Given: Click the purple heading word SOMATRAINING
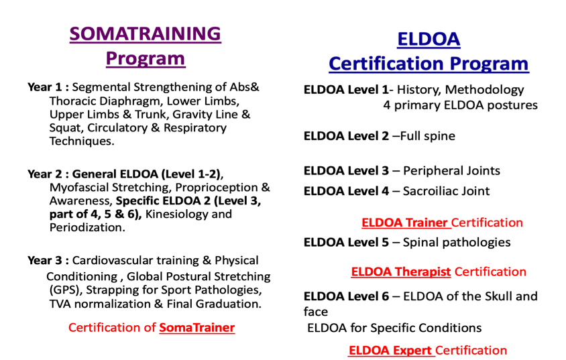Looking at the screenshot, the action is point(145,34).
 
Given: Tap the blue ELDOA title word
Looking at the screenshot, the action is point(429,39).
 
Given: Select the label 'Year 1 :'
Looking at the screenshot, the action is point(48,87).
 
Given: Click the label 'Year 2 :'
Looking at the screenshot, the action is point(48,174).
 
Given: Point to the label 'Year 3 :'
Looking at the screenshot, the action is point(48,260).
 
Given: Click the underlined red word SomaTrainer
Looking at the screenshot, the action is point(196,328).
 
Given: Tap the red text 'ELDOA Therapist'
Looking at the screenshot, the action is point(400,272).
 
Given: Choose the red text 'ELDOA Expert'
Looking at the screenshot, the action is point(390,350).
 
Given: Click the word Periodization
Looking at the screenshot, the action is point(87,228).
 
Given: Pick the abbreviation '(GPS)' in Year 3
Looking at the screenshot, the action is point(66,290).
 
